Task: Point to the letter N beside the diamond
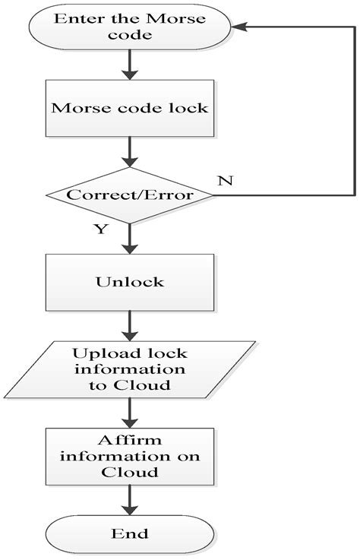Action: (x=224, y=182)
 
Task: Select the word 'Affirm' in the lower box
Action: (x=128, y=440)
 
